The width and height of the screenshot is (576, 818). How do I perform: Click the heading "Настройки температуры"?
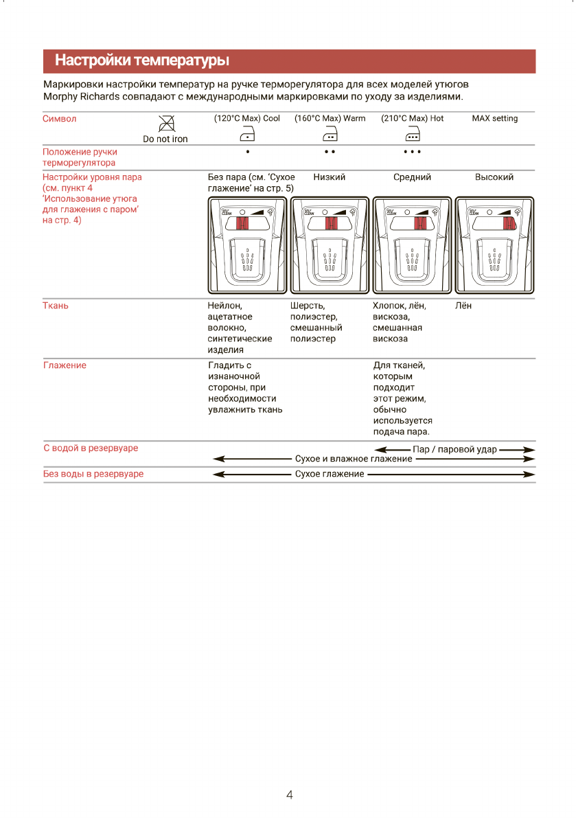[141, 61]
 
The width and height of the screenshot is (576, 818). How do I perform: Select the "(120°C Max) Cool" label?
[247, 118]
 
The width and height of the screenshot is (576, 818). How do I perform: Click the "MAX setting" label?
[494, 118]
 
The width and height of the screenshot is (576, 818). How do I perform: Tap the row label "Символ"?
[60, 118]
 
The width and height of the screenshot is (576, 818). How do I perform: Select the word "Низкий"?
[330, 177]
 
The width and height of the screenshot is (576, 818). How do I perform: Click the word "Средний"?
[412, 177]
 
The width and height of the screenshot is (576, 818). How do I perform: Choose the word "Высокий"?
[494, 177]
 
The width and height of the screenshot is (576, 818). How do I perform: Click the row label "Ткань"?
[56, 306]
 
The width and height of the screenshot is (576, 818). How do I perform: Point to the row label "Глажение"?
[65, 365]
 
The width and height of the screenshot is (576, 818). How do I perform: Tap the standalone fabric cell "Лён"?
[463, 306]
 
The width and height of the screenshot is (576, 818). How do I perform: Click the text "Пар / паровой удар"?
[455, 449]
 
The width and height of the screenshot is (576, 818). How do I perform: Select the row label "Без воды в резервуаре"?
[93, 474]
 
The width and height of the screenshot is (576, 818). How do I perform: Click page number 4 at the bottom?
[289, 795]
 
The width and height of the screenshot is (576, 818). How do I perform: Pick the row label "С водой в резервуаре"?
[91, 448]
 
